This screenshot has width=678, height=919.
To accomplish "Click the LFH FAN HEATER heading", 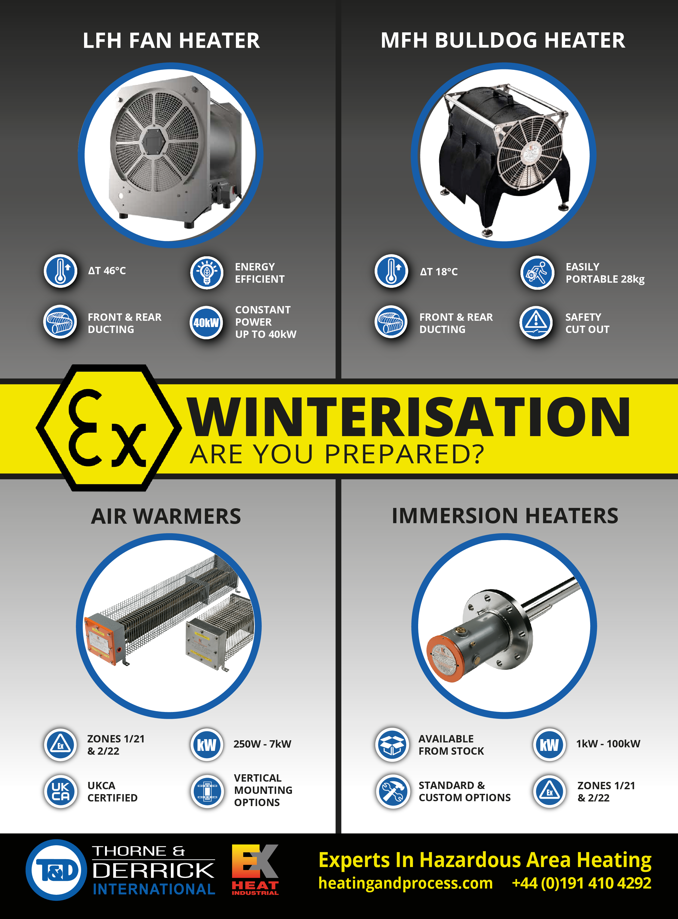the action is click(x=171, y=41).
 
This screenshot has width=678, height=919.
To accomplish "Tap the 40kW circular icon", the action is click(x=207, y=322).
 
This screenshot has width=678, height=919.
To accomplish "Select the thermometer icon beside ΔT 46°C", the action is click(x=61, y=271).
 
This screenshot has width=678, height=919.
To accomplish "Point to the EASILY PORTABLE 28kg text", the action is click(x=605, y=273).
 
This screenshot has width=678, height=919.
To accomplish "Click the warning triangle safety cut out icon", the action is click(x=536, y=322).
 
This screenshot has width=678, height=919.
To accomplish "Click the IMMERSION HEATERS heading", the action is click(x=505, y=516).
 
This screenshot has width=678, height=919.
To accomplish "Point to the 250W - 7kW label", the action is click(x=262, y=744).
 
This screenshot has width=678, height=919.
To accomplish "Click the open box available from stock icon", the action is click(x=392, y=745).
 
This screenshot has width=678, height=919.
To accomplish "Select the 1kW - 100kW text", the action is click(x=608, y=744).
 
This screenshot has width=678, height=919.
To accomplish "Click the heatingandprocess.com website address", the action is click(x=405, y=883).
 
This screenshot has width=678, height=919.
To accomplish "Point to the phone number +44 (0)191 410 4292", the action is click(x=582, y=883).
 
